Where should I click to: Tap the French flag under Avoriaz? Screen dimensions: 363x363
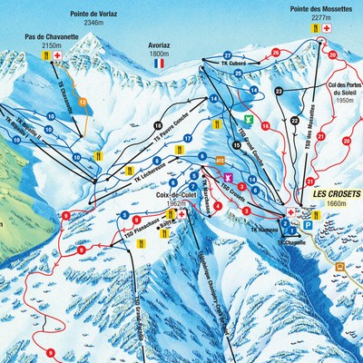[160, 64]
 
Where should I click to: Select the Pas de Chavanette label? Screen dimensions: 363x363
[52, 39]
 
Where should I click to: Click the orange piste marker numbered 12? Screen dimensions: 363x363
[83, 102]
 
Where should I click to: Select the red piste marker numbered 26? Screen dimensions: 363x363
[276, 53]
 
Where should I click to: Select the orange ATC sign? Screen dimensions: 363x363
[220, 161]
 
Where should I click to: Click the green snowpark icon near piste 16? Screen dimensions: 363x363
[246, 119]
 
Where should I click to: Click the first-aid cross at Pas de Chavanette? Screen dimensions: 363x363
[59, 56]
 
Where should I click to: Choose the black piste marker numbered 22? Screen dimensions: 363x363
[295, 122]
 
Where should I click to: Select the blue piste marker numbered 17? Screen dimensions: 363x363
[188, 137]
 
